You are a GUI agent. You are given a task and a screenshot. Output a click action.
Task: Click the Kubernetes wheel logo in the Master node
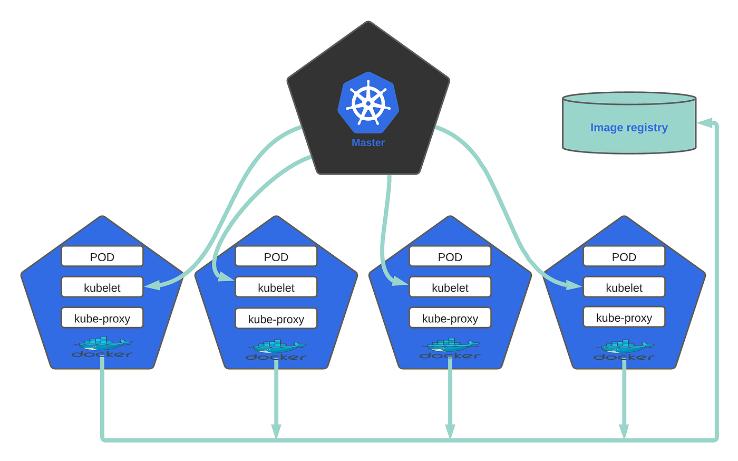368,102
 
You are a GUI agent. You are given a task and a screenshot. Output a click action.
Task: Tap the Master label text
368,142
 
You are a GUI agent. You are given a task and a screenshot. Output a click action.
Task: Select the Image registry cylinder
629,123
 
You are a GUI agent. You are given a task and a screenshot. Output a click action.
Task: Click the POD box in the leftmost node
102,256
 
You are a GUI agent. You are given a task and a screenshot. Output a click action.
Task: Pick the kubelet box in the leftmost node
102,287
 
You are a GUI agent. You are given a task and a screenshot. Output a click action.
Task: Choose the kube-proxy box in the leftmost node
102,318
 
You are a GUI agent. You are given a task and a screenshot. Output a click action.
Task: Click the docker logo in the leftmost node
102,348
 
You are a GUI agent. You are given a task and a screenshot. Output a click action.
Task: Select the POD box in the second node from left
276,256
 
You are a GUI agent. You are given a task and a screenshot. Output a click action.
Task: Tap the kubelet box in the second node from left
276,287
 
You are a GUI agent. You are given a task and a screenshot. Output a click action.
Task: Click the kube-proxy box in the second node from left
276,319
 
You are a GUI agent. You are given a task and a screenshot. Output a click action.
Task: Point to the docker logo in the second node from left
276,350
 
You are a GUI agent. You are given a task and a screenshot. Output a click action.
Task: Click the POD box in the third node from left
450,256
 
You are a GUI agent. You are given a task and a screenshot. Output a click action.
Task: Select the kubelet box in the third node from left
450,287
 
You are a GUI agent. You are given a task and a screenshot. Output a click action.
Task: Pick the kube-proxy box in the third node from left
450,318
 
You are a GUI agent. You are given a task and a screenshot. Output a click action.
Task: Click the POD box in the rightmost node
624,256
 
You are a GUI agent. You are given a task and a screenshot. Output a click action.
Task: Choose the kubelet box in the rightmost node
624,287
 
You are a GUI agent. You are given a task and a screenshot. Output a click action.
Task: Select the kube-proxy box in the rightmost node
624,318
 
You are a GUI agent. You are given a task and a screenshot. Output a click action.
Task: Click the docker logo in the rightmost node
624,350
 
